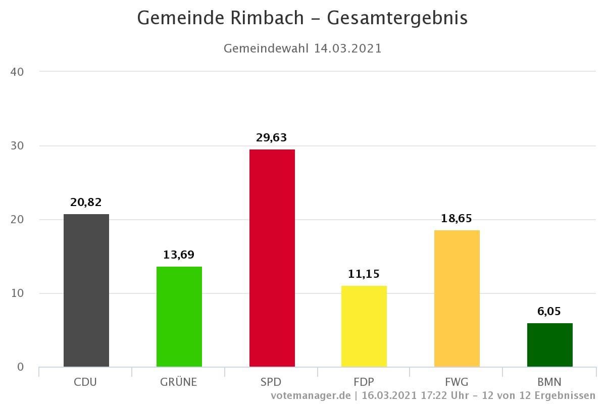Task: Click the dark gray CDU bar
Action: [x=86, y=290]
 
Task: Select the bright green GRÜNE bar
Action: [x=179, y=317]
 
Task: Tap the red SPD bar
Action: [x=272, y=258]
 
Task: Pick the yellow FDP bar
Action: [x=364, y=326]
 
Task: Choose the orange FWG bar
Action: [x=457, y=298]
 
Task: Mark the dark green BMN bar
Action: [x=550, y=345]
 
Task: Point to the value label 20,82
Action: [x=86, y=203]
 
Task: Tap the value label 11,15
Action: [x=364, y=274]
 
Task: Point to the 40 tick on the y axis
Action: [x=17, y=72]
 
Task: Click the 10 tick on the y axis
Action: [x=17, y=293]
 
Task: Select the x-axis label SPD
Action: [x=272, y=382]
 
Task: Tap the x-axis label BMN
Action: [x=550, y=382]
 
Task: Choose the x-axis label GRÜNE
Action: [x=179, y=382]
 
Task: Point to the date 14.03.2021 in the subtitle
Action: [x=347, y=48]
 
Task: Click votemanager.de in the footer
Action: [x=310, y=395]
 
